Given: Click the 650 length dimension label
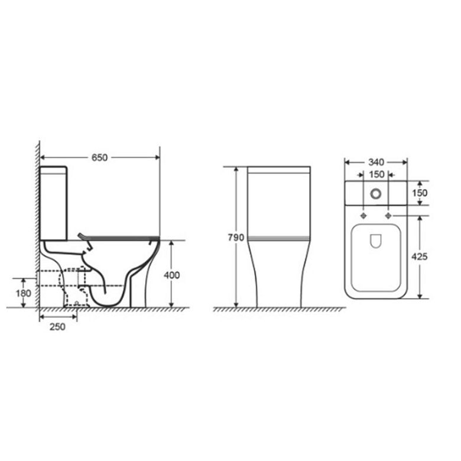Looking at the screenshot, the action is tap(99, 158).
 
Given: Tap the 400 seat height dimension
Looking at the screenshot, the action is tap(172, 275).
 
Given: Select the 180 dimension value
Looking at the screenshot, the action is tap(23, 293).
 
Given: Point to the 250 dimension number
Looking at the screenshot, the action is tap(57, 327).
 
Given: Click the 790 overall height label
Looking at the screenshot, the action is tap(236, 237).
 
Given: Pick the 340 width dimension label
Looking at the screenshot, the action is tap(376, 162).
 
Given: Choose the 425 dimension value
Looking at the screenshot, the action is tap(419, 257).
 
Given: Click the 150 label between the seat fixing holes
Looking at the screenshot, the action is tap(376, 174).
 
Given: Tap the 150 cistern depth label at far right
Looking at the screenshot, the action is tap(420, 193).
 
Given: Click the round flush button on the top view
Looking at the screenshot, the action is tap(376, 193).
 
